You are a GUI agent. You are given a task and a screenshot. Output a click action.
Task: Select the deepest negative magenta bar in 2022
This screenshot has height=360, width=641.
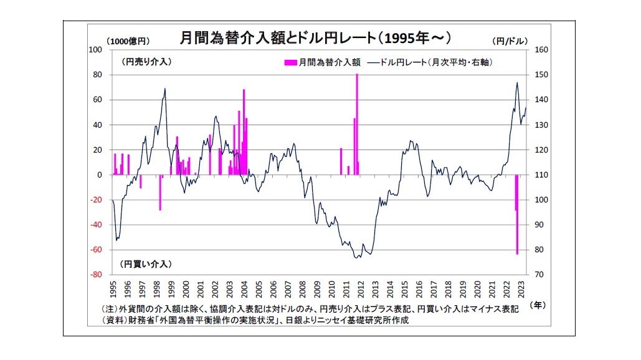tap(517, 215)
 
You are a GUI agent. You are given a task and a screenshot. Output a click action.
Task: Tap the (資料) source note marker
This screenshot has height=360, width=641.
tap(113, 321)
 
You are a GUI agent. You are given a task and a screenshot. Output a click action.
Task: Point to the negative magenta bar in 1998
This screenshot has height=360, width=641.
tap(160, 192)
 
